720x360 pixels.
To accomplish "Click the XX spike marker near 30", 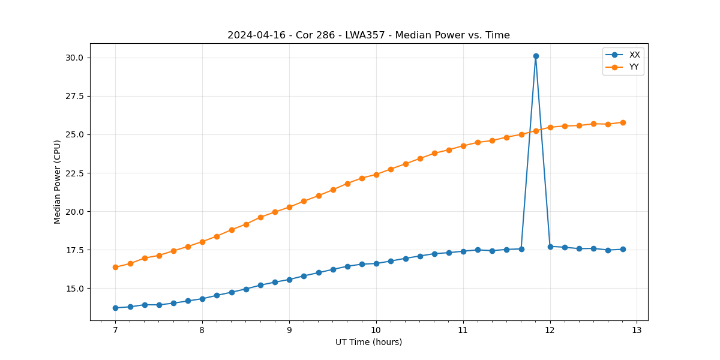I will tap(536, 56).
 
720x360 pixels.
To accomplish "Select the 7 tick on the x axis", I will tap(115, 330).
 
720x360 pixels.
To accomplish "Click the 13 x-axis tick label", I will tap(637, 330).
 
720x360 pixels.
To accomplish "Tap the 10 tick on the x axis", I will tap(376, 330).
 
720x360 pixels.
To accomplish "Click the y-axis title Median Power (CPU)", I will tap(58, 182).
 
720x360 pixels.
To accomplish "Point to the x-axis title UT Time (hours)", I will tap(368, 342).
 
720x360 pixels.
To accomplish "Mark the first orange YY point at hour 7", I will tap(115, 267).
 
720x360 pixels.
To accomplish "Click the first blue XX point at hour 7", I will tap(115, 308).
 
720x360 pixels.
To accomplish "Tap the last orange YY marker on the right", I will tap(623, 122).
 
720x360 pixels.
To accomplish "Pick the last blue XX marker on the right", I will tap(623, 249).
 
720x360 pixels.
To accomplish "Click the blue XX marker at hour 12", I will tap(550, 247).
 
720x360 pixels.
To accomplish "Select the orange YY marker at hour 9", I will tap(289, 207).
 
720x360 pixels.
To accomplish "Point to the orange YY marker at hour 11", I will tap(463, 146).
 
